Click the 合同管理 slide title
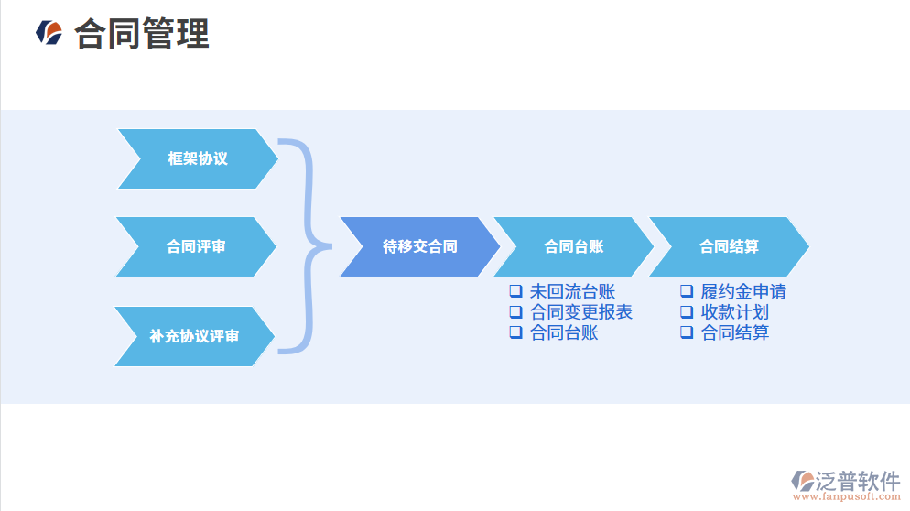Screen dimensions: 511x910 142,34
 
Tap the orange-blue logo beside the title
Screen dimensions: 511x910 49,33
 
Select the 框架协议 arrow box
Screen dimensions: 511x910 198,158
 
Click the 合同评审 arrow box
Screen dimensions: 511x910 196,246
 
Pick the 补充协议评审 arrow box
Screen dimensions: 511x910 194,336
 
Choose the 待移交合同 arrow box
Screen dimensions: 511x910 419,246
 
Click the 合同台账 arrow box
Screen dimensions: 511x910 573,246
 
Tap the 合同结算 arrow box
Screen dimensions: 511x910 729,246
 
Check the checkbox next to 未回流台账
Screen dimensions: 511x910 515,291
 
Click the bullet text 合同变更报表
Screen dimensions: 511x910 581,312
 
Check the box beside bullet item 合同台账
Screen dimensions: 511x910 515,332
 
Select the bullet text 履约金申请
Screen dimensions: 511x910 743,292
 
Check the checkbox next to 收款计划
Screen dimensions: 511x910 686,312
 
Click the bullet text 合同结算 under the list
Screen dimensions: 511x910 735,332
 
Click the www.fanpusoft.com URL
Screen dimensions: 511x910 846,497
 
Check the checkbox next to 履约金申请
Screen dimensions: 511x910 686,291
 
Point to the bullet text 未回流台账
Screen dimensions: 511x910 572,292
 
